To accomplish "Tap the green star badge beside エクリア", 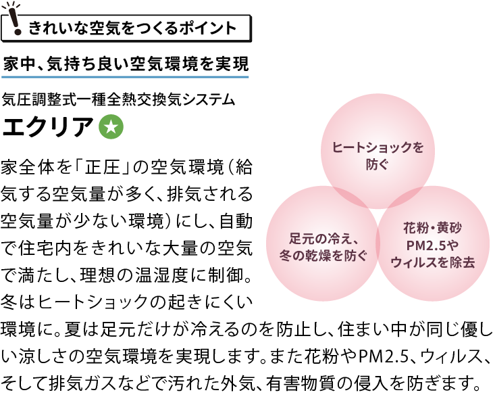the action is [x=111, y=126].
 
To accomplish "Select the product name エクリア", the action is [x=48, y=126].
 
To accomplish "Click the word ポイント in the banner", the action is [x=208, y=28].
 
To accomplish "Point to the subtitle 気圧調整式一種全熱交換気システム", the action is [x=119, y=100].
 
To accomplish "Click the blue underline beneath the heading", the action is [x=125, y=76].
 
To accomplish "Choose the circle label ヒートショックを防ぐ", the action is [x=378, y=156].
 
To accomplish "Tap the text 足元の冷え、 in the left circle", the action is [x=323, y=239].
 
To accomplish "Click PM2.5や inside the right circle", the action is [x=432, y=245].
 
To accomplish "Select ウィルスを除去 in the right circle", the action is [x=433, y=262].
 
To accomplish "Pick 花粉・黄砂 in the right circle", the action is [x=432, y=228].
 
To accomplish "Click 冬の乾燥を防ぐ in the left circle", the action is [x=323, y=256].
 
